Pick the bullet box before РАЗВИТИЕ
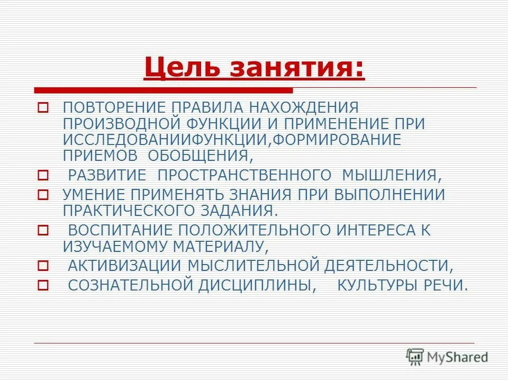coord(43,175)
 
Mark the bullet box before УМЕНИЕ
coord(43,195)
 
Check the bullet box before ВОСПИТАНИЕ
coord(43,230)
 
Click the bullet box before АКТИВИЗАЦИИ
coord(43,266)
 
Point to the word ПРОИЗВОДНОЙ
coord(121,124)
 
